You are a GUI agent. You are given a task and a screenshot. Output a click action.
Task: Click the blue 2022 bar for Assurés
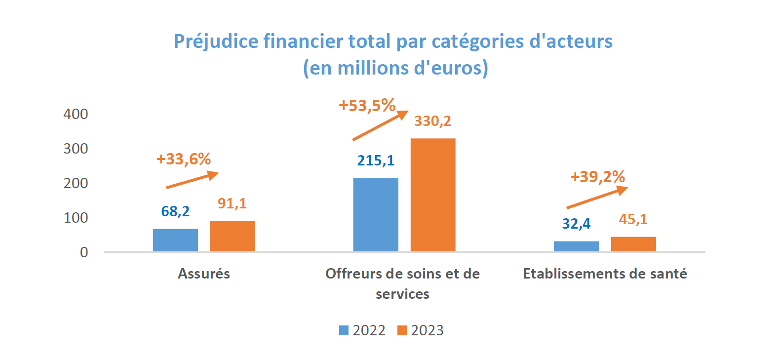175,240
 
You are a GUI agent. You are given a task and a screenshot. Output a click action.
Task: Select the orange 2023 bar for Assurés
232,236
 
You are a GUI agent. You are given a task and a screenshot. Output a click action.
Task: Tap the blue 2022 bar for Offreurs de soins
376,215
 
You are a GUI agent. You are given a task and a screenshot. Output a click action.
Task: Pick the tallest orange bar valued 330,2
433,195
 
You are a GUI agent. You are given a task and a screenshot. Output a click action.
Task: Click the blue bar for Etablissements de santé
576,246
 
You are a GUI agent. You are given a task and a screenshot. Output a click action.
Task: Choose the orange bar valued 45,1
633,244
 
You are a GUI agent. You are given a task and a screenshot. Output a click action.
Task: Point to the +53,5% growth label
367,106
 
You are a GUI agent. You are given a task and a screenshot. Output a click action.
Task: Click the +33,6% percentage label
184,159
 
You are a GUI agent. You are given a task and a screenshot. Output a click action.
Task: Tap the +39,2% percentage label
598,177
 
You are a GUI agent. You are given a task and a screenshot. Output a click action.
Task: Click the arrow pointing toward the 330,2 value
380,125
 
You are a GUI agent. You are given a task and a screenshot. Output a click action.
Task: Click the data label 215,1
376,160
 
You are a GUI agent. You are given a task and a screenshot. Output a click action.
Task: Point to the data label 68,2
175,211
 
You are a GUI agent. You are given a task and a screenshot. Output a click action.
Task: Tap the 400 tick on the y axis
76,114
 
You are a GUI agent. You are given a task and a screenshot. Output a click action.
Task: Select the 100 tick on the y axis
76,218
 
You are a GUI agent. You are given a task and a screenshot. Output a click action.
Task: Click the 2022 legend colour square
344,330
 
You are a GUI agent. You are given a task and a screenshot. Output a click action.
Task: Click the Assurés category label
204,274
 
